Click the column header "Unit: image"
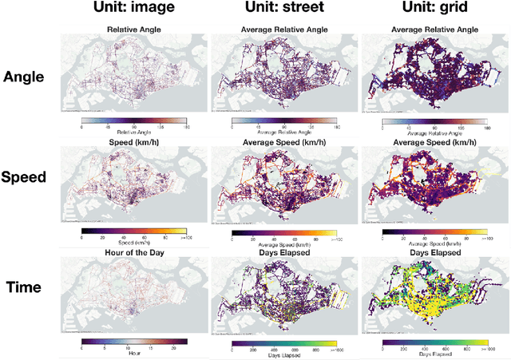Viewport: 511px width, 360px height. click(x=135, y=10)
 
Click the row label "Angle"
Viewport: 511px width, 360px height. click(x=25, y=77)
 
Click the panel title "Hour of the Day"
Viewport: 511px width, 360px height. click(x=133, y=251)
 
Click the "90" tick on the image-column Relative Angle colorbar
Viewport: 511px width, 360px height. click(x=133, y=125)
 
